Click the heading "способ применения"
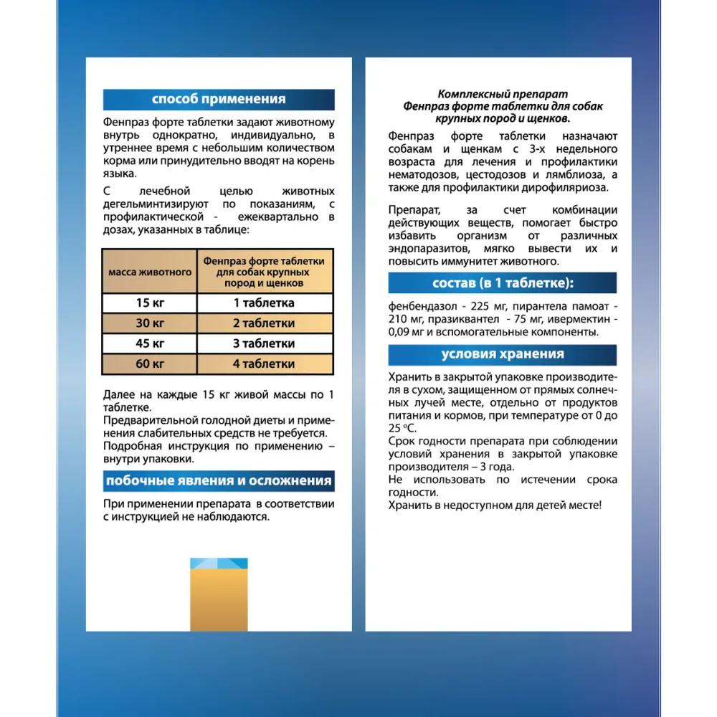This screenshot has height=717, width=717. pyautogui.click(x=219, y=99)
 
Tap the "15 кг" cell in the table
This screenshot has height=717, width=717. pyautogui.click(x=149, y=303)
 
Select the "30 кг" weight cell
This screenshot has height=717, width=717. pyautogui.click(x=149, y=323)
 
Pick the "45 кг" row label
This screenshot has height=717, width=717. pyautogui.click(x=149, y=343)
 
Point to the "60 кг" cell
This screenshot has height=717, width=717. pyautogui.click(x=149, y=364)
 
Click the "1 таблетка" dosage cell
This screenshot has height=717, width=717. pyautogui.click(x=263, y=303)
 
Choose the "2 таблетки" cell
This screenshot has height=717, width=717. pyautogui.click(x=263, y=323)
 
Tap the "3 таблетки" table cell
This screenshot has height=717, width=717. pyautogui.click(x=263, y=343)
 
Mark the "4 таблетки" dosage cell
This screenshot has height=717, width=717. pyautogui.click(x=263, y=364)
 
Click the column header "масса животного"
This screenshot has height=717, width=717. pyautogui.click(x=149, y=272)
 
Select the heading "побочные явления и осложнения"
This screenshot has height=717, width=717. pyautogui.click(x=219, y=480)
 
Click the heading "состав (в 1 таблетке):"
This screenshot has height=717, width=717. pyautogui.click(x=502, y=282)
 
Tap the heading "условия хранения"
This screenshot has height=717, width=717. pyautogui.click(x=502, y=354)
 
